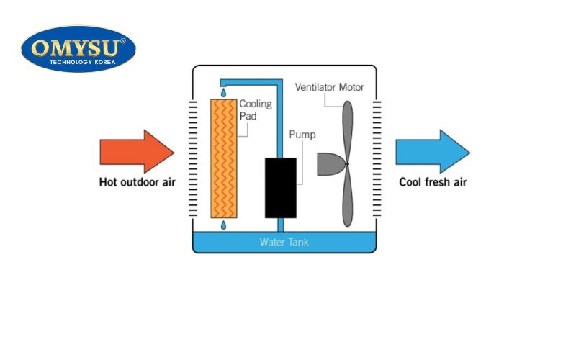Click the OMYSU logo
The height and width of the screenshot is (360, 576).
(78, 48)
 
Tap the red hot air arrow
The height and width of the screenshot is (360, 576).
(137, 151)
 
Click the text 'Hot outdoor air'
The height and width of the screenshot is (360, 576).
(137, 182)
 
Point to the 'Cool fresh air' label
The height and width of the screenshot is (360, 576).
(433, 182)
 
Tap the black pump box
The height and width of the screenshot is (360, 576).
(280, 187)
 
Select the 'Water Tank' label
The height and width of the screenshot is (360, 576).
(284, 242)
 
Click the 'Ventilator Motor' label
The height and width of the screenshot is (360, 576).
(329, 88)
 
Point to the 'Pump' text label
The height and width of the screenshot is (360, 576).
(302, 135)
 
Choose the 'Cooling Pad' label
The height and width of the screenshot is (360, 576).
(255, 109)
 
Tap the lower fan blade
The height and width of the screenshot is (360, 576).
(348, 198)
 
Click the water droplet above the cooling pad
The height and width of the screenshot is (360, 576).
(222, 93)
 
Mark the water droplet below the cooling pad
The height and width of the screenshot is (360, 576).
(222, 226)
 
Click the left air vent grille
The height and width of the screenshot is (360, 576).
(192, 158)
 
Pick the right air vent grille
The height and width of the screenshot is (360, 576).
(377, 158)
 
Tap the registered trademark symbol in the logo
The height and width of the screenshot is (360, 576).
(122, 41)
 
